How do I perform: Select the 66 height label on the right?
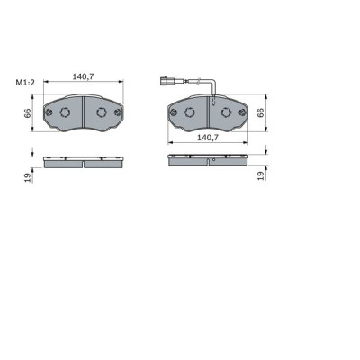(x=261, y=112)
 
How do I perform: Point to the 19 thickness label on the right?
(x=261, y=175)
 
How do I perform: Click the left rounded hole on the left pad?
(x=68, y=112)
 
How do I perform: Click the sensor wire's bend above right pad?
(x=210, y=86)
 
